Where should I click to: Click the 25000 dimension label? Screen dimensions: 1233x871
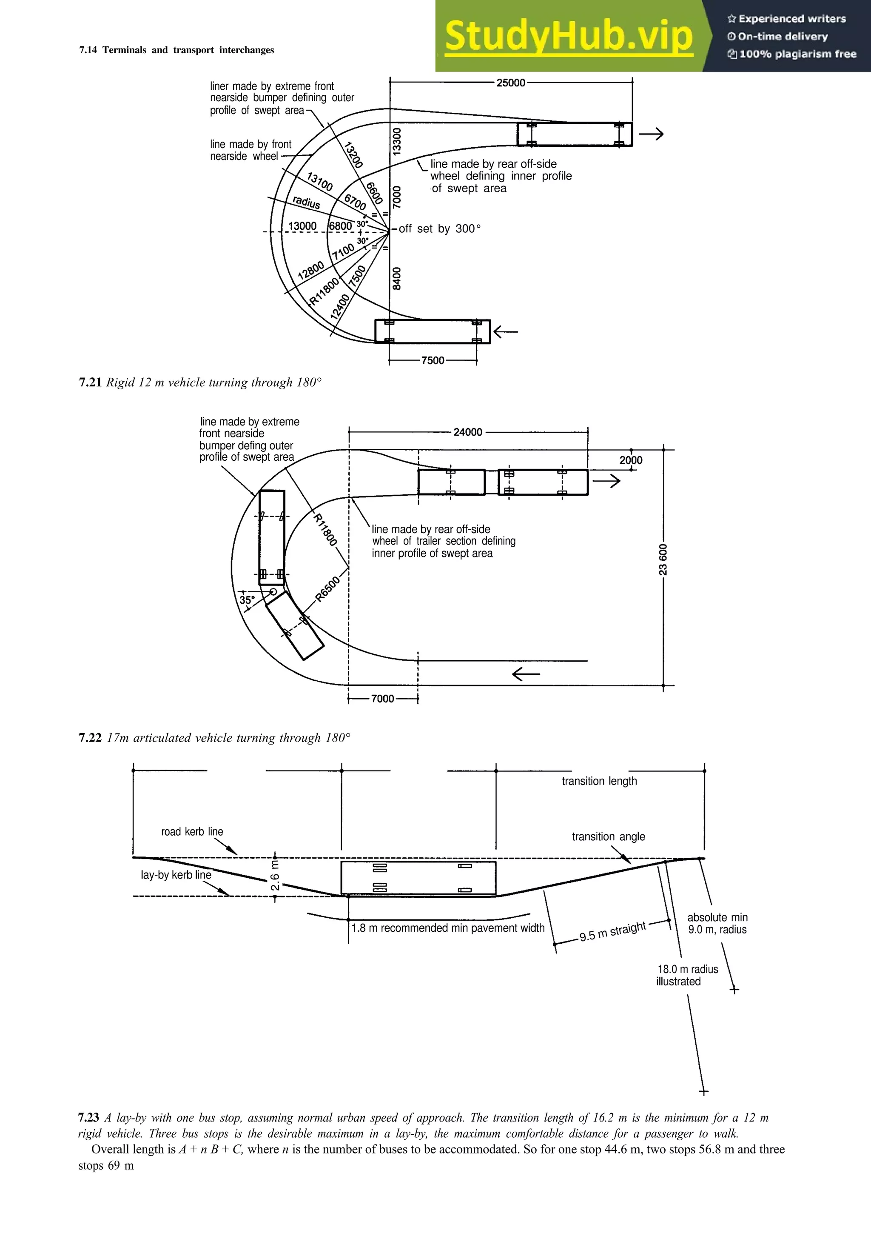pyautogui.click(x=510, y=83)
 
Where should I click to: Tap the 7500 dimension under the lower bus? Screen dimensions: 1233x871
pyautogui.click(x=433, y=360)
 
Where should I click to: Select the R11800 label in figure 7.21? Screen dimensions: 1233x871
pyautogui.click(x=324, y=293)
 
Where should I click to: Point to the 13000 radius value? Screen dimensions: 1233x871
pyautogui.click(x=303, y=226)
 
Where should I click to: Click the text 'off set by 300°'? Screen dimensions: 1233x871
pyautogui.click(x=439, y=229)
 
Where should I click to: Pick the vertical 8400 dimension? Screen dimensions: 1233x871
pyautogui.click(x=397, y=278)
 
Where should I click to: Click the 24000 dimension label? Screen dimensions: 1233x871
pyautogui.click(x=467, y=432)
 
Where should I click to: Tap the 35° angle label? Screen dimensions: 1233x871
pyautogui.click(x=247, y=600)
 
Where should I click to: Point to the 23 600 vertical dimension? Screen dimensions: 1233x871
pyautogui.click(x=663, y=559)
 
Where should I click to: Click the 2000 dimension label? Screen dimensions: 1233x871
pyautogui.click(x=631, y=460)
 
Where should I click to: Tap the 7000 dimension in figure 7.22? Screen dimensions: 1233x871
pyautogui.click(x=383, y=699)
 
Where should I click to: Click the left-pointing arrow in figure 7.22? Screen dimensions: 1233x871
pyautogui.click(x=526, y=674)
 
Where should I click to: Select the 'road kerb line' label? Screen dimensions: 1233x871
pyautogui.click(x=192, y=832)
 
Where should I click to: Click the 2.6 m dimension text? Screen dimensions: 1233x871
pyautogui.click(x=275, y=875)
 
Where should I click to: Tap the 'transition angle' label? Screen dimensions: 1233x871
pyautogui.click(x=608, y=836)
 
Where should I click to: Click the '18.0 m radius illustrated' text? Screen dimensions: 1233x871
pyautogui.click(x=687, y=975)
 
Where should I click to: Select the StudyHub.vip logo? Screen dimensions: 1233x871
pyautogui.click(x=569, y=36)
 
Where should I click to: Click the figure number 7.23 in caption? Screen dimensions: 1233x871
pyautogui.click(x=88, y=1118)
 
